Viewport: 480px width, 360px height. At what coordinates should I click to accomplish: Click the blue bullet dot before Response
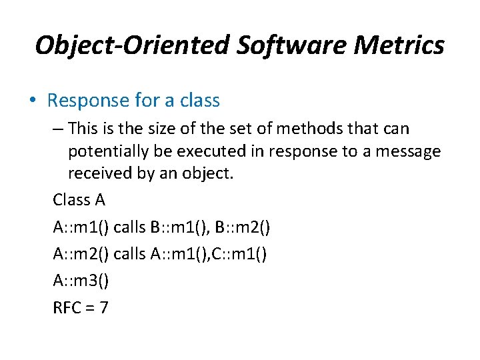(x=32, y=101)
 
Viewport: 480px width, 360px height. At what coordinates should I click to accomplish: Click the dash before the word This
(x=58, y=127)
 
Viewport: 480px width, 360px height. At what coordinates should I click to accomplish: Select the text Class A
(x=79, y=199)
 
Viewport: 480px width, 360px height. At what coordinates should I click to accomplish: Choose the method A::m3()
(x=81, y=281)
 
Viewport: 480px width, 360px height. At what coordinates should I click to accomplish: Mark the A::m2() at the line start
(x=81, y=254)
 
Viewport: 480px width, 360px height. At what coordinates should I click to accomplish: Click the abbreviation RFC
(x=67, y=307)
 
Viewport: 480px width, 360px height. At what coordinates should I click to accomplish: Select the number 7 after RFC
(x=104, y=307)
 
